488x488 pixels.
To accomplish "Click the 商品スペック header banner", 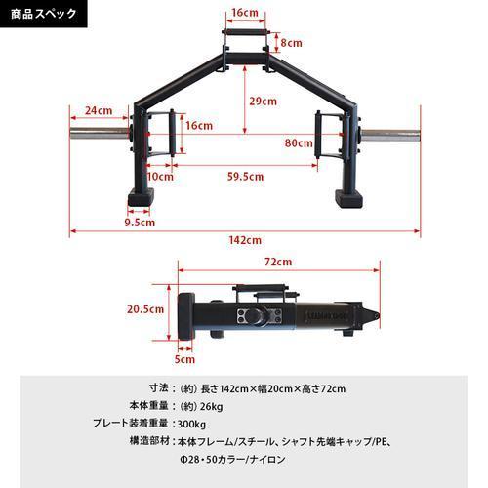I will [45, 16].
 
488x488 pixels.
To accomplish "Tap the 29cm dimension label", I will [262, 101].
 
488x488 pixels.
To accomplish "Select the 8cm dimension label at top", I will [290, 44].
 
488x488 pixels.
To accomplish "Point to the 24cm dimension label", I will [98, 110].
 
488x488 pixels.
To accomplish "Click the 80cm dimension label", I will [298, 142].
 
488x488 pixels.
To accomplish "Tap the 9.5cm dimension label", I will [141, 223].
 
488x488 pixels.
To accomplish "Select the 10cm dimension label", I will [160, 177].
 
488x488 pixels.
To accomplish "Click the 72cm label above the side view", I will [277, 263].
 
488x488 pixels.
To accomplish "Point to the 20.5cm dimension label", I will [143, 308].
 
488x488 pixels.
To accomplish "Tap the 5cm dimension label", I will [183, 358].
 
